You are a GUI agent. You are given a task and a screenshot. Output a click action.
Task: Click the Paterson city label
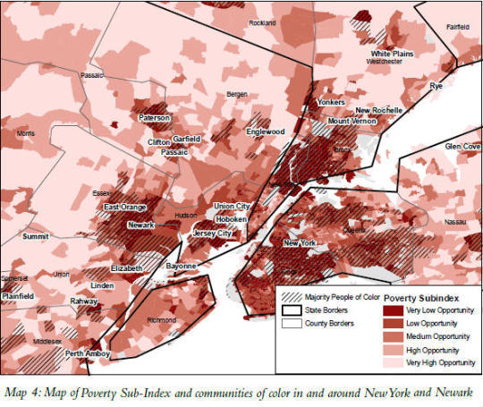pyautogui.click(x=154, y=118)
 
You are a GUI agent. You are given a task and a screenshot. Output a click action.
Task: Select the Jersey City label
pyautogui.click(x=212, y=233)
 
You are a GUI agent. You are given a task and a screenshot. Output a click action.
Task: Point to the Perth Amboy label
pyautogui.click(x=86, y=353)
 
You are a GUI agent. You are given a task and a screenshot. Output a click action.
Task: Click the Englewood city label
pyautogui.click(x=266, y=131)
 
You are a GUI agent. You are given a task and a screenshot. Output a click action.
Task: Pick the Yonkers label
pyautogui.click(x=331, y=102)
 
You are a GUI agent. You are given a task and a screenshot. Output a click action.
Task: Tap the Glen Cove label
pyautogui.click(x=463, y=145)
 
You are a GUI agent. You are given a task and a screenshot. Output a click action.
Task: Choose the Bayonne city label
pyautogui.click(x=182, y=267)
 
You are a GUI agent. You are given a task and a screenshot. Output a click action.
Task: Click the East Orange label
pyautogui.click(x=124, y=208)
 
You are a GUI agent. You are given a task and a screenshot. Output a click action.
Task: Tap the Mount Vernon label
pyautogui.click(x=350, y=121)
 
